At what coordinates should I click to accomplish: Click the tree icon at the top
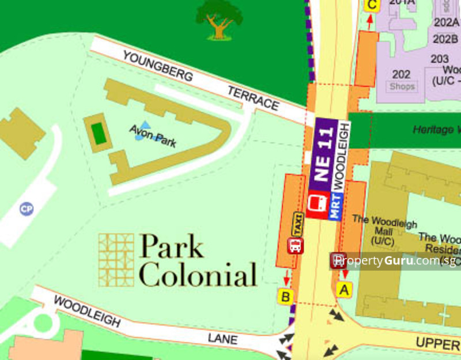point(218,19)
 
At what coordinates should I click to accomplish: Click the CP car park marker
point(27,209)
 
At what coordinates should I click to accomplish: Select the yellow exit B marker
point(286,297)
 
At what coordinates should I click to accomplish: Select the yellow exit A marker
point(344,290)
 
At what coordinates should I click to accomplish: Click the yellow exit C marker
point(372,5)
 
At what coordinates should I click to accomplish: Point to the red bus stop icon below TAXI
point(296,246)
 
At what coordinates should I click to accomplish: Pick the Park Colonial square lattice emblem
point(116,260)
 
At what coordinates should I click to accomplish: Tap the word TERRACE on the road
point(253,99)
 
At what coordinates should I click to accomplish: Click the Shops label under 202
point(402,86)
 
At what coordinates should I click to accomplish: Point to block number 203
point(440,59)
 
